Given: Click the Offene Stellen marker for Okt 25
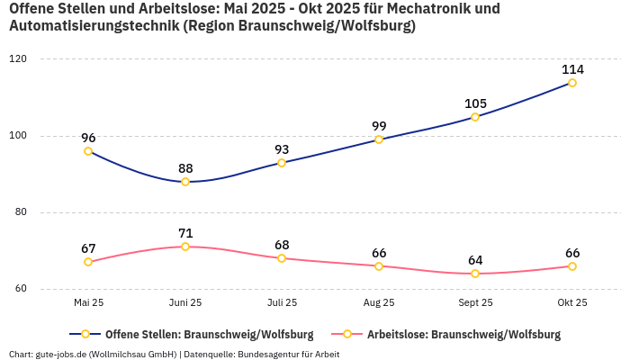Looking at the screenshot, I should [572, 83].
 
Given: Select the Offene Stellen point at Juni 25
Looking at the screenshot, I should [185, 182].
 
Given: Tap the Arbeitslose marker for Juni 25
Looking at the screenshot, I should [185, 247].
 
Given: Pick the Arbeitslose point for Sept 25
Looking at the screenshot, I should [475, 274].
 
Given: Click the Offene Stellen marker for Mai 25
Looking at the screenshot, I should [88, 151].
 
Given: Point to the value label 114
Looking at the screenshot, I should [572, 69].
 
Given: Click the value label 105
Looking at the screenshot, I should [475, 103].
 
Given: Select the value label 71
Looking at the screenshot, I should [185, 233].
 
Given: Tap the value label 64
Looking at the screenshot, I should [475, 260].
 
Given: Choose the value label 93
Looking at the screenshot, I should [282, 149].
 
